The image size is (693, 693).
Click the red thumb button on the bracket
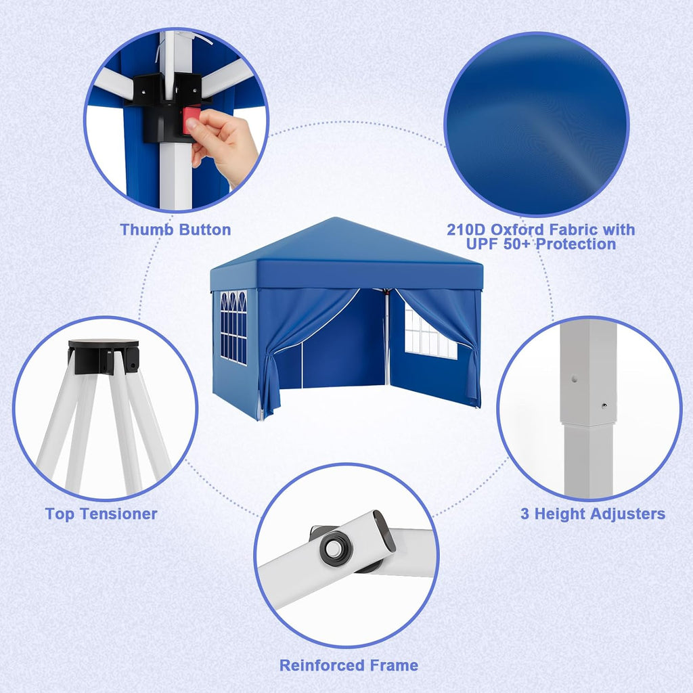pyautogui.click(x=191, y=120)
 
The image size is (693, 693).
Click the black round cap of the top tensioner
pyautogui.click(x=104, y=344)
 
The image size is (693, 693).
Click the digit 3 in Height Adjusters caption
pyautogui.click(x=524, y=514)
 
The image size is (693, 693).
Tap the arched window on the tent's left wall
pyautogui.click(x=233, y=328)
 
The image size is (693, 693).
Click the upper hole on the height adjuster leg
pyautogui.click(x=574, y=379)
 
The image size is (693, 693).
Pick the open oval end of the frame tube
pyautogui.click(x=384, y=531)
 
